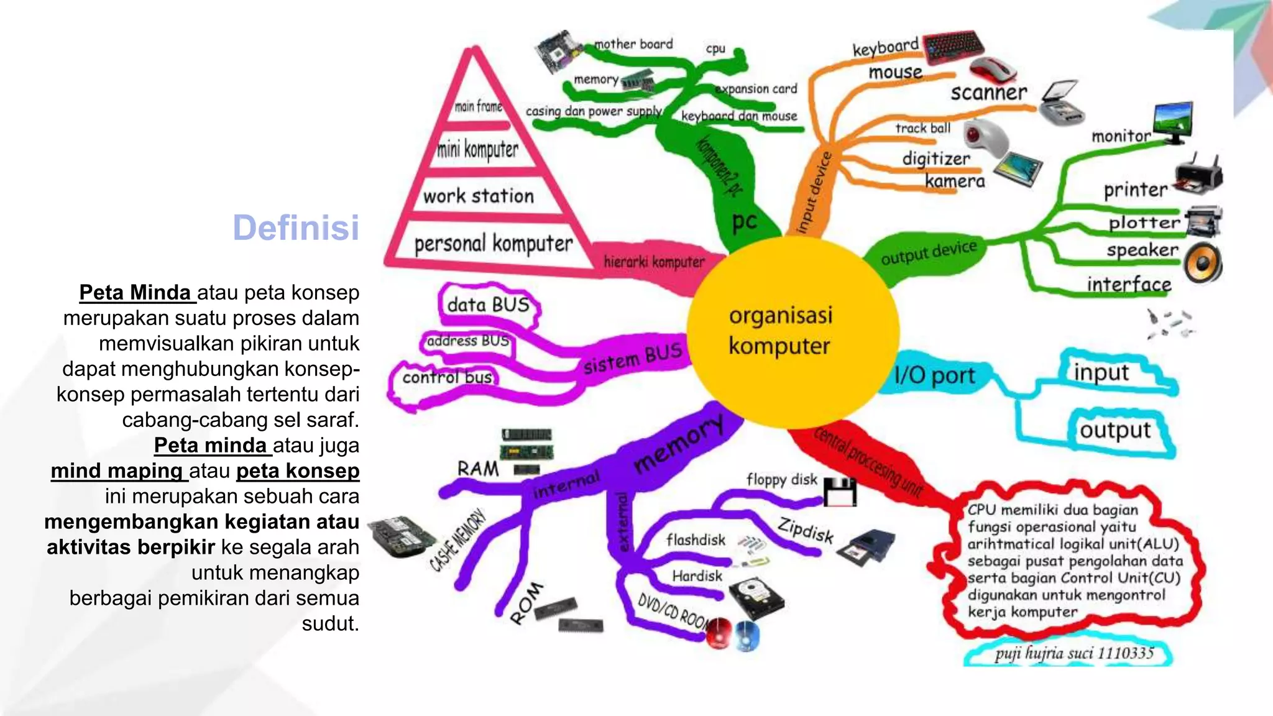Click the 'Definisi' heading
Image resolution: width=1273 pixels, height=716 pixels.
(296, 227)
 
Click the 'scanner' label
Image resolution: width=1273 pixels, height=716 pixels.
(988, 93)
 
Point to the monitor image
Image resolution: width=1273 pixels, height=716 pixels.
(1173, 121)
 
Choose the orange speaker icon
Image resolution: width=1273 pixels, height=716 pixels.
(1203, 264)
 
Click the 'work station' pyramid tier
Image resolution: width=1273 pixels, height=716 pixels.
(478, 196)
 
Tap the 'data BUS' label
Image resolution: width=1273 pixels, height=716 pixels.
(489, 305)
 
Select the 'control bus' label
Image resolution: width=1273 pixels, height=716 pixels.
(447, 377)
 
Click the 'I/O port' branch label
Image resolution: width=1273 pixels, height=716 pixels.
(934, 375)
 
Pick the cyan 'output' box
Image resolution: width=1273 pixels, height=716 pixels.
(1116, 430)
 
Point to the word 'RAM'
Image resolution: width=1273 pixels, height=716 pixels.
(477, 469)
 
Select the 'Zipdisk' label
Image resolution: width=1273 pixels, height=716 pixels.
(806, 530)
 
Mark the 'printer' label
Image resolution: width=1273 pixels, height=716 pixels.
(1136, 190)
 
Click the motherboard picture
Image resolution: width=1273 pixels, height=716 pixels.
(558, 51)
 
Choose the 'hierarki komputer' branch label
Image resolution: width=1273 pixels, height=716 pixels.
(654, 262)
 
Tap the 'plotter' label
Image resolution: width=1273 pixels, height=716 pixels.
(1144, 223)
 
